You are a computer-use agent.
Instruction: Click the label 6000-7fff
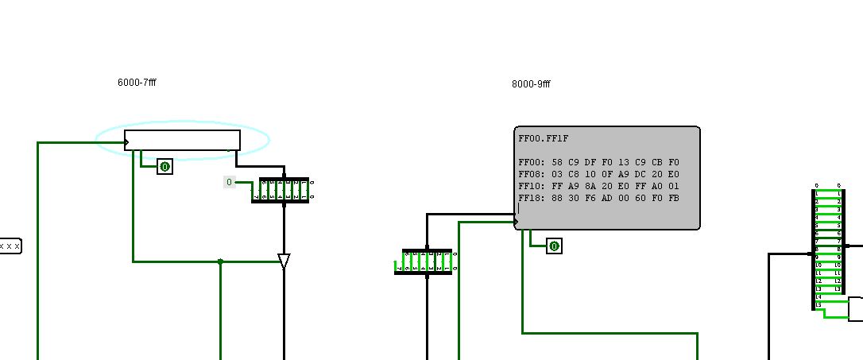click(x=137, y=82)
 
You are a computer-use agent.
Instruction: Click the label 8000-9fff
click(x=531, y=83)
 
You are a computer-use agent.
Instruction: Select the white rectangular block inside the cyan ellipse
click(x=182, y=140)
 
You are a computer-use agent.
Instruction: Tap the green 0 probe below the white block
click(x=164, y=167)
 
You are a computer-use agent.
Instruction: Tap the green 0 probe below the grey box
click(x=554, y=246)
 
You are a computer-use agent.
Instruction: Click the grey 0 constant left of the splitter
click(x=229, y=183)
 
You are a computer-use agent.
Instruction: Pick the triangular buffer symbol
click(x=284, y=261)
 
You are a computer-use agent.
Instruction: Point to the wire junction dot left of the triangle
click(x=220, y=261)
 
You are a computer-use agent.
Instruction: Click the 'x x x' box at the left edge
click(x=10, y=246)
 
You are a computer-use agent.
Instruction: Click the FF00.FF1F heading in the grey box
click(x=544, y=138)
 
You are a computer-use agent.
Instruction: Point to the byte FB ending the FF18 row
click(x=672, y=198)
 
